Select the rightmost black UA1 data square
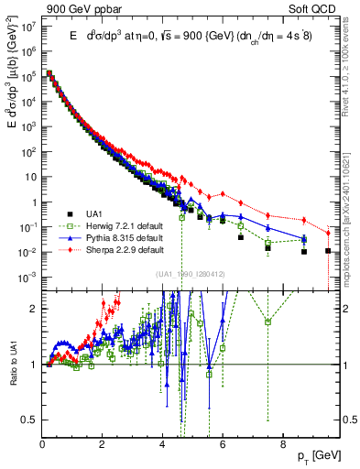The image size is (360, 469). click(328, 251)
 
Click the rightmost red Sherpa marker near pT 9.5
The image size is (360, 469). click(328, 232)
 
